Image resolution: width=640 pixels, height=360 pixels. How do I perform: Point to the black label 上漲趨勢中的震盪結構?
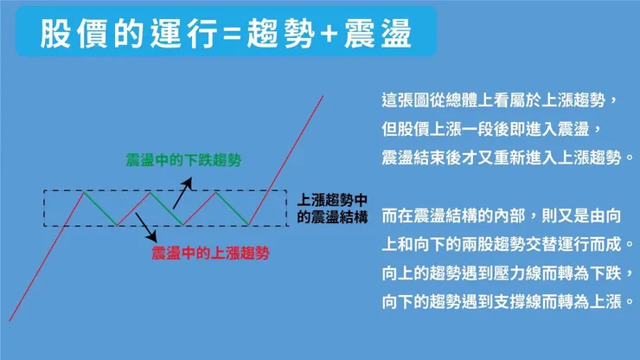point(332,208)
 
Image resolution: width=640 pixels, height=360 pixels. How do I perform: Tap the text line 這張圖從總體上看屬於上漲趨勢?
point(501,101)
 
